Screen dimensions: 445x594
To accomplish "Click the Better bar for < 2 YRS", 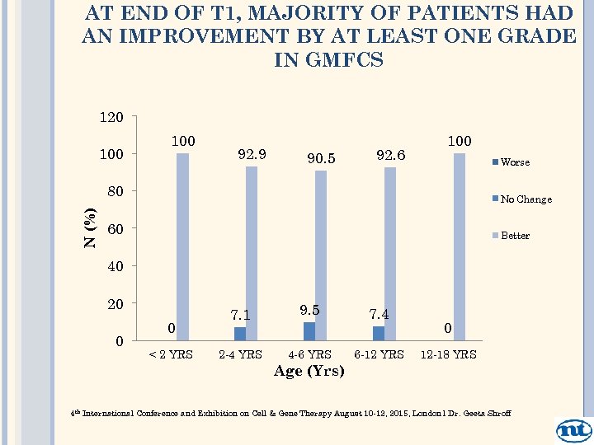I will tap(182, 246).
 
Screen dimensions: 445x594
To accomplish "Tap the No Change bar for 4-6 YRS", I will tap(309, 331).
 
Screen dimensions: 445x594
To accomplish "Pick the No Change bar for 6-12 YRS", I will tap(379, 333).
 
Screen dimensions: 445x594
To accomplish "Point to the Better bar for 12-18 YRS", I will tap(460, 246).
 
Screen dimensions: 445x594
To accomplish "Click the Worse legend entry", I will tap(514, 162).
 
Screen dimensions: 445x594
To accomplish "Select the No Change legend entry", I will tap(525, 199).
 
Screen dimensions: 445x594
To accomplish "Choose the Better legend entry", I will tap(514, 236).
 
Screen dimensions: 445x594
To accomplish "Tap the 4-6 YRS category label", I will tap(309, 354).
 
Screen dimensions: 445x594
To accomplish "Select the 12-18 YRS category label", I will tap(448, 354).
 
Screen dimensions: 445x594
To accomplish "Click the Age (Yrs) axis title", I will tap(309, 371).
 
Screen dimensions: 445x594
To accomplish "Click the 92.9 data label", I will tap(252, 153).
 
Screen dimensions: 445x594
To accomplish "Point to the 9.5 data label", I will tap(309, 310).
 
